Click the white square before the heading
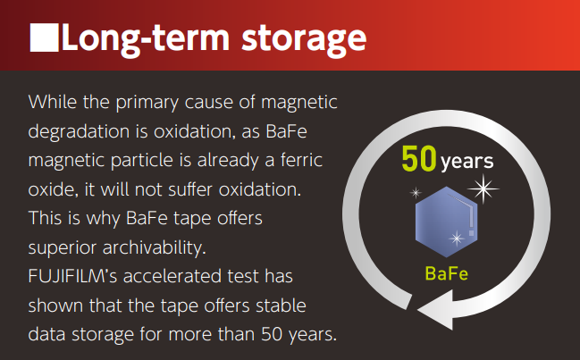[44, 38]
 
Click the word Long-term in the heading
[146, 38]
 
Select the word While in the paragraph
[53, 101]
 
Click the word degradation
[80, 132]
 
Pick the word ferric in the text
[301, 160]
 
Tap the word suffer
[191, 189]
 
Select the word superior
[63, 248]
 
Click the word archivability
[155, 247]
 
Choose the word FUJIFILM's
[72, 276]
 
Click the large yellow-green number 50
[419, 159]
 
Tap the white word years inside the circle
[467, 162]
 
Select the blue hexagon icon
[447, 222]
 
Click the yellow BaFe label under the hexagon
[447, 273]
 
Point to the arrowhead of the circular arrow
[436, 311]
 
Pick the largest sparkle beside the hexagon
[483, 188]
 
